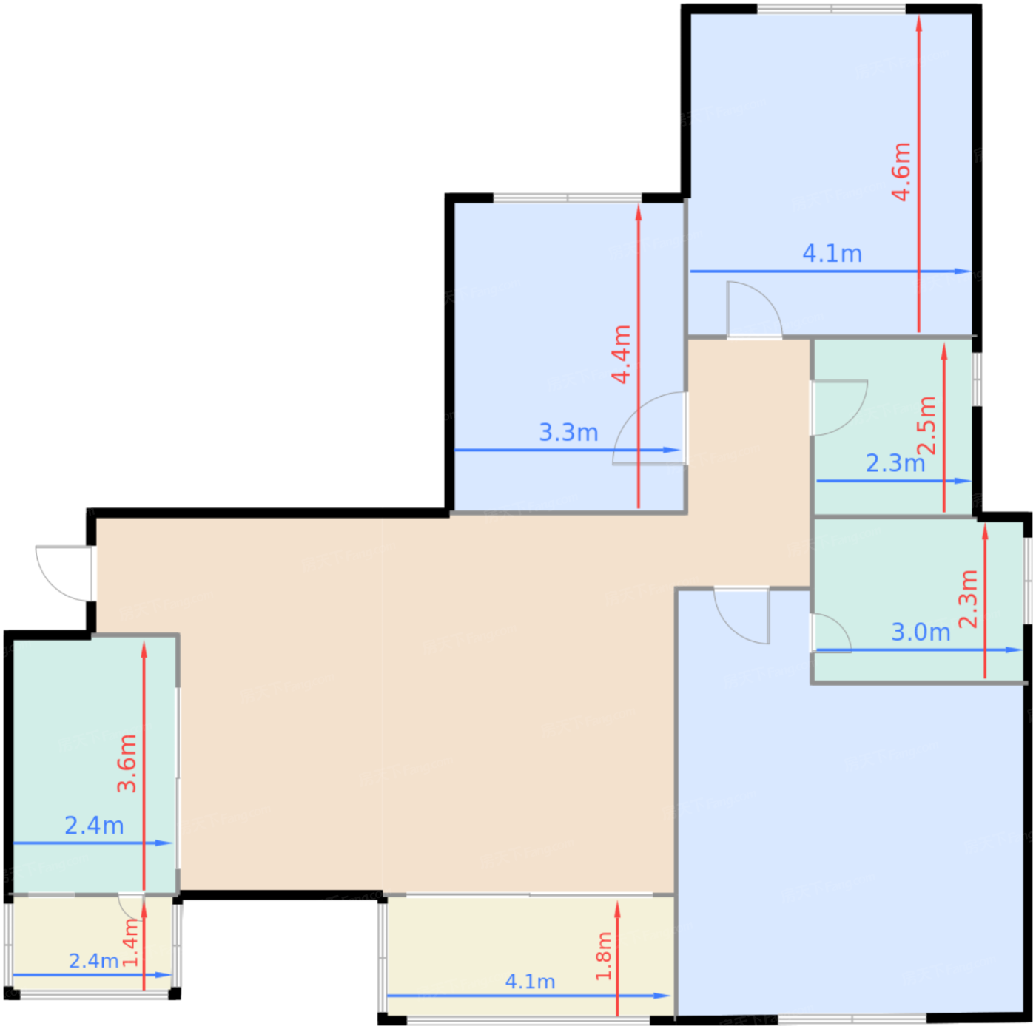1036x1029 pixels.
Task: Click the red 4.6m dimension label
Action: pyautogui.click(x=901, y=172)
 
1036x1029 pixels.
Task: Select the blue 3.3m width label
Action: pyautogui.click(x=568, y=432)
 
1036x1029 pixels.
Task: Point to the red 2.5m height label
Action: pyautogui.click(x=926, y=425)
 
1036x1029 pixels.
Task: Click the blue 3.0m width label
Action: pyautogui.click(x=921, y=632)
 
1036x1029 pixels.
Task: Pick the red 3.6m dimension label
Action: pyautogui.click(x=127, y=763)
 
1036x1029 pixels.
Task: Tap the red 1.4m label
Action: pyautogui.click(x=130, y=942)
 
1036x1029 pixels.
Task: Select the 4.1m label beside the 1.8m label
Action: pyautogui.click(x=530, y=982)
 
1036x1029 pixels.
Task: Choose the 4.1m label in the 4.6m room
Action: pyautogui.click(x=832, y=253)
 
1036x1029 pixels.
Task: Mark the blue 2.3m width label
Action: pyautogui.click(x=895, y=463)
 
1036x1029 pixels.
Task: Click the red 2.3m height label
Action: pyautogui.click(x=968, y=598)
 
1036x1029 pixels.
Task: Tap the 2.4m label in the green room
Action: pyautogui.click(x=94, y=826)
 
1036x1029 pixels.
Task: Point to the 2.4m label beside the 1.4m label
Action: pyautogui.click(x=93, y=961)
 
